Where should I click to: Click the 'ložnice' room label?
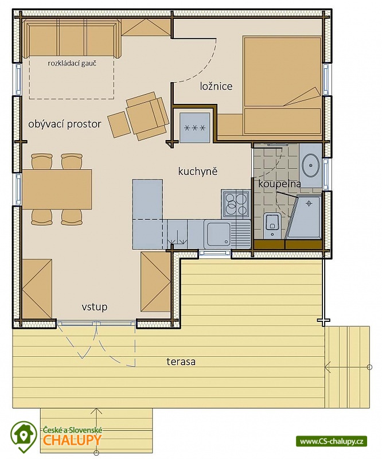216,87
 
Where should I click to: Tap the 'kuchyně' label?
198,171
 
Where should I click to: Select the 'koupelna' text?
279,184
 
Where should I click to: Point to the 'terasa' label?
181,361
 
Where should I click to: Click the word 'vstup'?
94,307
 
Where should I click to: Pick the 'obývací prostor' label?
65,124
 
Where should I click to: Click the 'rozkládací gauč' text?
72,63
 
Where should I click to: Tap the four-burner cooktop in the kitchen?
235,204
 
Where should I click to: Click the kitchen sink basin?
219,234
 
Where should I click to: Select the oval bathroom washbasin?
310,165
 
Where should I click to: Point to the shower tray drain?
309,203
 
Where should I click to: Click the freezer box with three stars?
195,127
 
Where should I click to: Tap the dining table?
57,190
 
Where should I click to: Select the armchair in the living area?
147,116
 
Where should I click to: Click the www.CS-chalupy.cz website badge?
332,441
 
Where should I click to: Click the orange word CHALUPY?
72,439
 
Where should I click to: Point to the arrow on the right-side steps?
348,367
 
